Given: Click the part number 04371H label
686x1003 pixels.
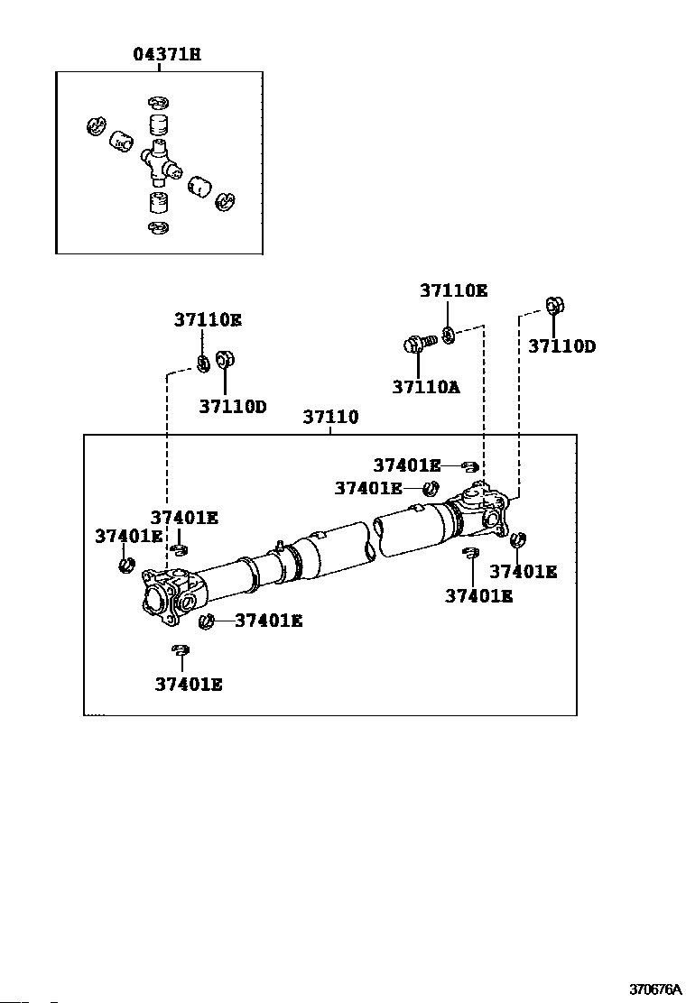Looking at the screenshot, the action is [x=167, y=54].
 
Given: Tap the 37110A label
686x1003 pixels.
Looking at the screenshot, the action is [x=425, y=387].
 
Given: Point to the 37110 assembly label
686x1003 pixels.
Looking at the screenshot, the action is [x=330, y=417].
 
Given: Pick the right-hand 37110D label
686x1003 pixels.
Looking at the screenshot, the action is [x=561, y=346].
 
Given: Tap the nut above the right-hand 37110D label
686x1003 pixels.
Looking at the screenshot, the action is [x=554, y=306].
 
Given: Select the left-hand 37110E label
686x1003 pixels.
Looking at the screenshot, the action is [x=208, y=320].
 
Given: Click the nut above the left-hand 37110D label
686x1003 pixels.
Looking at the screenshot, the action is [x=225, y=360].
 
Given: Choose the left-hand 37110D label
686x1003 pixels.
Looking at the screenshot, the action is [x=233, y=406].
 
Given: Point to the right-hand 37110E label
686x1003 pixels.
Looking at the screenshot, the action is [x=454, y=291].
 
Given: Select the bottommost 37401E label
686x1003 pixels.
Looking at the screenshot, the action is [x=189, y=686].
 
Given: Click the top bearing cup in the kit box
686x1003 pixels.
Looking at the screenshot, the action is [x=159, y=124].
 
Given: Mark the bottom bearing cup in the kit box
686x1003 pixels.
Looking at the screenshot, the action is [x=158, y=202].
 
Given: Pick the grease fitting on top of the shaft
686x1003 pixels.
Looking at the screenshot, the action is [x=281, y=546].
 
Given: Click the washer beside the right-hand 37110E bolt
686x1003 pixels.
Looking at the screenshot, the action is [x=449, y=335].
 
